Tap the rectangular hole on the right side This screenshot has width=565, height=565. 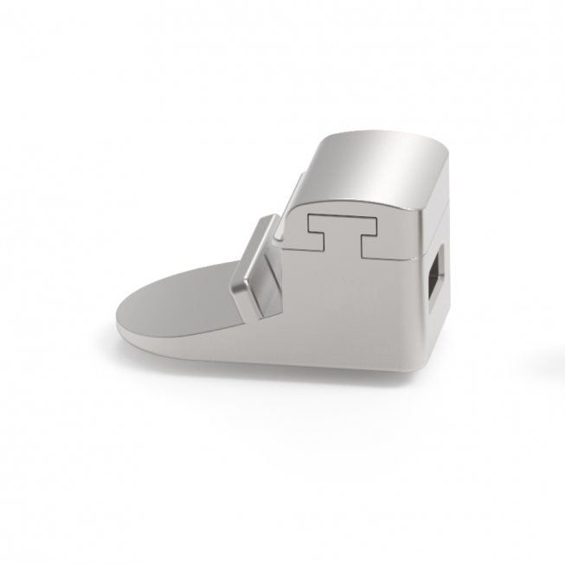click(438, 278)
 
